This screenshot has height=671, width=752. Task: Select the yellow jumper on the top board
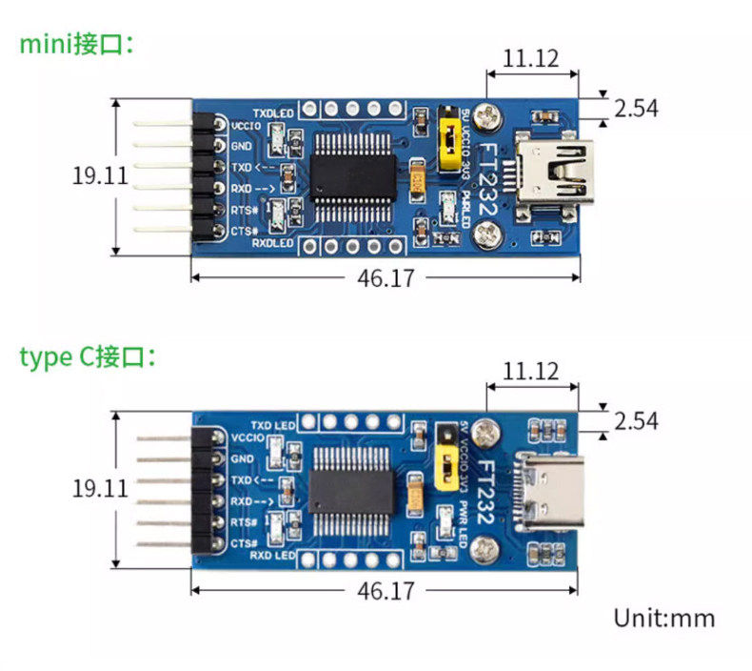[445, 148]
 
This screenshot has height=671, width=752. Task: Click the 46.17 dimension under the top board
[386, 277]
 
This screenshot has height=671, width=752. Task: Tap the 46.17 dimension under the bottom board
[386, 591]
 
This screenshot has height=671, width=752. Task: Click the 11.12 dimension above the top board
[530, 58]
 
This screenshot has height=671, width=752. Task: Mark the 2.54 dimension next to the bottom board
[636, 420]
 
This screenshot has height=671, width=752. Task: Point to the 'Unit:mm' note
[663, 618]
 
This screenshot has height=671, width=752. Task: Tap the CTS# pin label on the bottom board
[243, 543]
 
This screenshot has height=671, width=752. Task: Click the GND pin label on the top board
[241, 146]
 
